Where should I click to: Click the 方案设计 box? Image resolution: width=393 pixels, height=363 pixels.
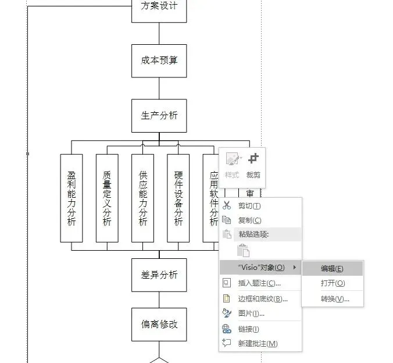coord(159,7)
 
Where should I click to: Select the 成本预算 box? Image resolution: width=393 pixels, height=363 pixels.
coord(159,61)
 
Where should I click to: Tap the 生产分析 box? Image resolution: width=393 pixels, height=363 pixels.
coord(159,115)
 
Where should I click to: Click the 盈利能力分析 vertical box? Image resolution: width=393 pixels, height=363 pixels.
coord(72,198)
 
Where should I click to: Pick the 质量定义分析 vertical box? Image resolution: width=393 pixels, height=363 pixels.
coord(107,198)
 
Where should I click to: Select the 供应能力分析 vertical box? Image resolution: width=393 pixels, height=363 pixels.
coord(143,198)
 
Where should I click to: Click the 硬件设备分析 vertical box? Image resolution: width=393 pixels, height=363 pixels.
coord(178,198)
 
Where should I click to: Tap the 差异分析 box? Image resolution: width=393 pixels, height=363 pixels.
coord(159,275)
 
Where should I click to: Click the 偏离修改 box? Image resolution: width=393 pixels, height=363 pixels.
coord(159,324)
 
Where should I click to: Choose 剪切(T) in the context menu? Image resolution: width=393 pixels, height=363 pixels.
coord(249,205)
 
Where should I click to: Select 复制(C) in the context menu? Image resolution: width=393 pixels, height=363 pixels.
coord(249,220)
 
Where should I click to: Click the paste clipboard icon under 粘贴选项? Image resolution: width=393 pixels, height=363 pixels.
coord(244,251)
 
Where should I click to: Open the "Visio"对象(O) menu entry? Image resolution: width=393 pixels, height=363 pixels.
coord(262,268)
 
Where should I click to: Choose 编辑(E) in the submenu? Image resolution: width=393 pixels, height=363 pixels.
coord(332,268)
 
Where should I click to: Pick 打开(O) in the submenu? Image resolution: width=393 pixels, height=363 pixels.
coord(333,283)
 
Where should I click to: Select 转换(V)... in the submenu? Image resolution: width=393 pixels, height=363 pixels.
coord(335,299)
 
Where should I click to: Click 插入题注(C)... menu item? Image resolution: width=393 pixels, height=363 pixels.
coord(259,283)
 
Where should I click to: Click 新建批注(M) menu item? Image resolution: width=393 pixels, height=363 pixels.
coord(258,344)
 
